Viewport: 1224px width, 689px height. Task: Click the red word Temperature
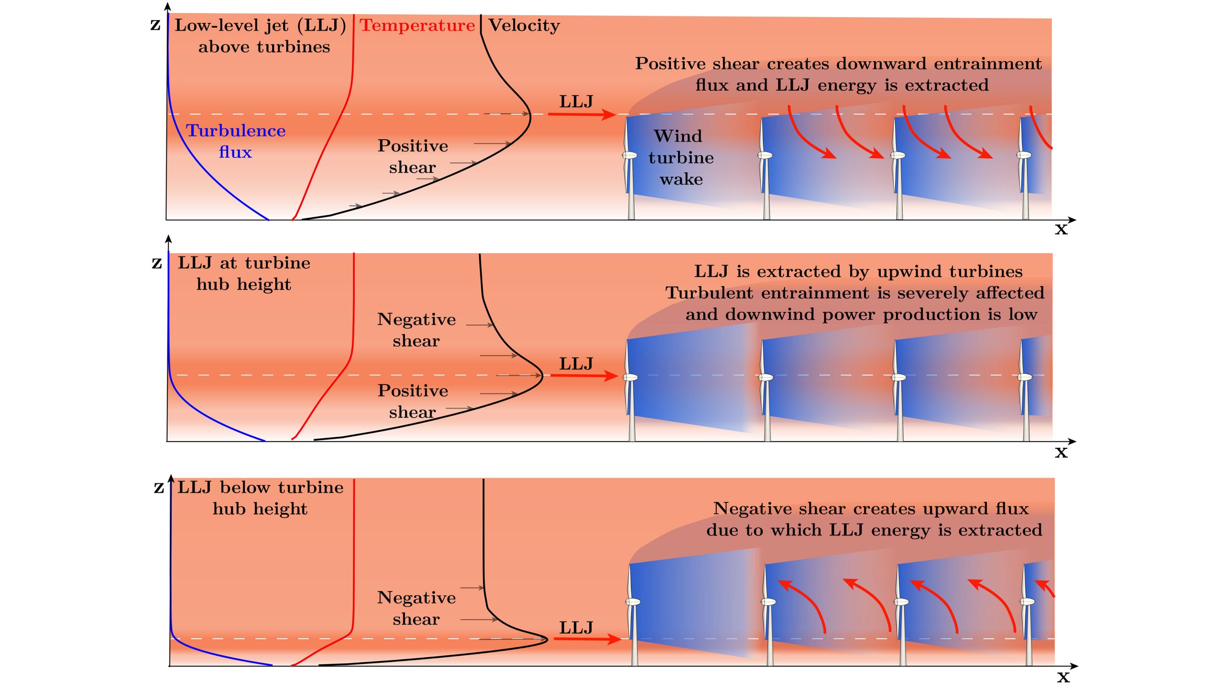point(417,25)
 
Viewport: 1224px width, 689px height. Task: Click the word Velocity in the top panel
point(524,25)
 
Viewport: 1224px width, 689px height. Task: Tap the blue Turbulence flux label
point(236,141)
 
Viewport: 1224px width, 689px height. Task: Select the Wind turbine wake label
point(680,157)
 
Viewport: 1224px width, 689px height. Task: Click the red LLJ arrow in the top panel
point(581,114)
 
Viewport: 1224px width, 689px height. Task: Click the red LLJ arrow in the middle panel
point(584,376)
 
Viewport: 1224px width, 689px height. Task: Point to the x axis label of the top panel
point(1061,229)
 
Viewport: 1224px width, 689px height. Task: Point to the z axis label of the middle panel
point(157,263)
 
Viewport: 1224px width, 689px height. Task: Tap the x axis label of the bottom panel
point(1063,677)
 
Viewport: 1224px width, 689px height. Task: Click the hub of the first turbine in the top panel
point(629,156)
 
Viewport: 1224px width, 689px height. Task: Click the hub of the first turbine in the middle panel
point(630,378)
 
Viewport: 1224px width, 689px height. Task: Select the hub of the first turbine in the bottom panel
point(633,602)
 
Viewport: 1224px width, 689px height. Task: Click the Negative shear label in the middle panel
point(416,330)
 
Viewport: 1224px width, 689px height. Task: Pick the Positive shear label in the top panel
point(413,156)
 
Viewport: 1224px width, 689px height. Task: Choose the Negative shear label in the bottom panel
point(416,608)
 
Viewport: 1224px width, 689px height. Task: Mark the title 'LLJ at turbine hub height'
point(244,273)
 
